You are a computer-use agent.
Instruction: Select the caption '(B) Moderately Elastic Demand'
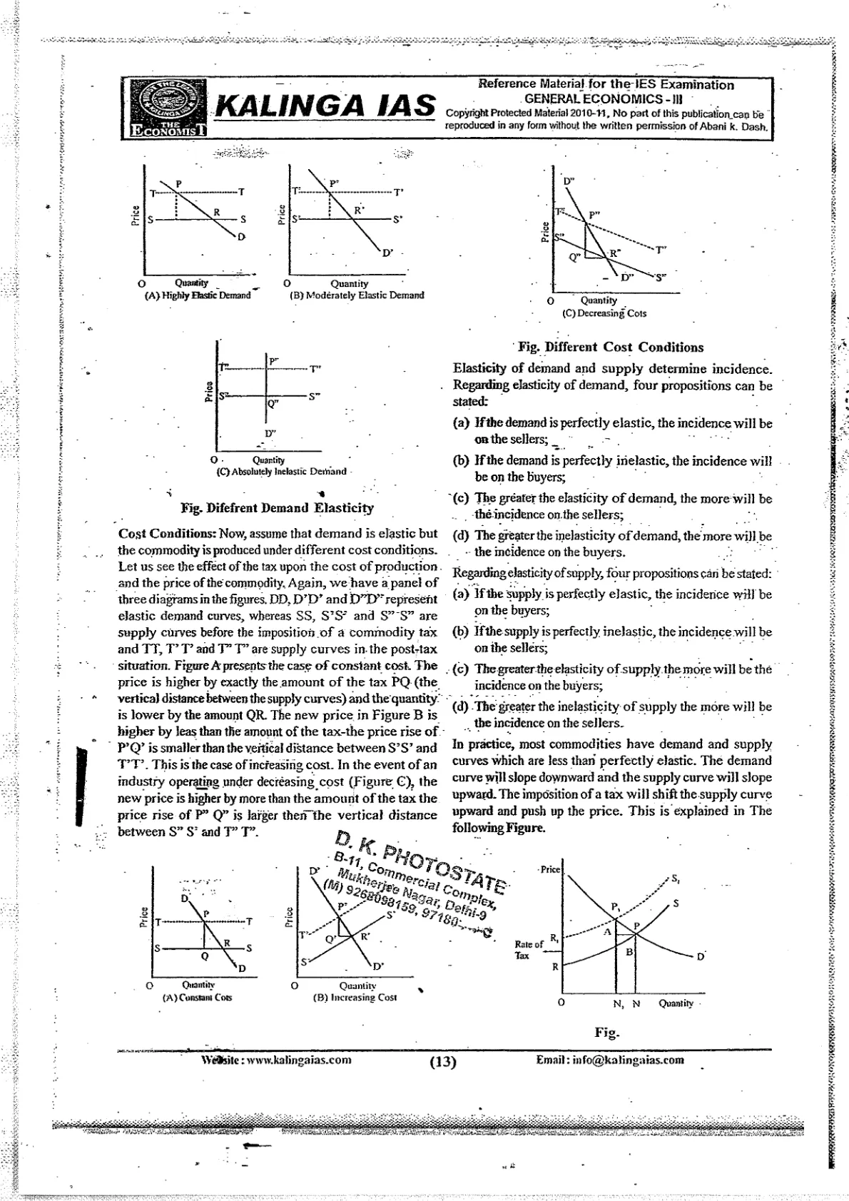[x=357, y=295]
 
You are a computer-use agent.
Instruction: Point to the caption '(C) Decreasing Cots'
[x=604, y=313]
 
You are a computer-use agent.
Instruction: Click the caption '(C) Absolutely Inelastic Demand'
[x=282, y=471]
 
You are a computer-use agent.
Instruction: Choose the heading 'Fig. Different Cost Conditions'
[x=611, y=348]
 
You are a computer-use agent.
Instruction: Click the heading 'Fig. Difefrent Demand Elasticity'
[x=278, y=508]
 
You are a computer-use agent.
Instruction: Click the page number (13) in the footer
[x=442, y=1062]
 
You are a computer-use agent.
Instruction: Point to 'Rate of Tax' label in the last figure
[x=528, y=950]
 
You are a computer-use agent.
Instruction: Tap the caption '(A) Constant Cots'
[x=197, y=997]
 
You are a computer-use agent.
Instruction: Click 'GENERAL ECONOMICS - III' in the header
[x=604, y=98]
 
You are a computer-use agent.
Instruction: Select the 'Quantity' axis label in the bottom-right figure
[x=675, y=1003]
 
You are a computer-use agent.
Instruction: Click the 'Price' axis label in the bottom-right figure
[x=551, y=870]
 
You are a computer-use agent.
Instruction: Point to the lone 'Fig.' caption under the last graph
[x=607, y=1033]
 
